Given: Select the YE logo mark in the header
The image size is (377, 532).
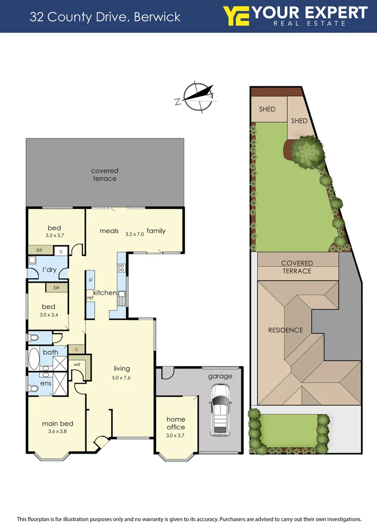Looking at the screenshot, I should pyautogui.click(x=236, y=16).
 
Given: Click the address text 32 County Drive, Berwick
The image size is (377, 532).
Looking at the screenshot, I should pyautogui.click(x=105, y=17).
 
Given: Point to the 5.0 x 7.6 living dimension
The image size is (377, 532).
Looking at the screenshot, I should pyautogui.click(x=122, y=378).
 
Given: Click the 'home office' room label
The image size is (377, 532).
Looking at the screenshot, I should pyautogui.click(x=176, y=423).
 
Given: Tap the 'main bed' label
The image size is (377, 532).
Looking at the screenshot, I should pyautogui.click(x=58, y=423).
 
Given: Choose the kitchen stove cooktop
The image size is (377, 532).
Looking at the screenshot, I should pyautogui.click(x=121, y=268).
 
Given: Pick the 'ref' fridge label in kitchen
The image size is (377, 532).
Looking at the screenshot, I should pyautogui.click(x=90, y=298).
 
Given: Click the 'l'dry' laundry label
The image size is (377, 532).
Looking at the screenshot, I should pyautogui.click(x=50, y=270).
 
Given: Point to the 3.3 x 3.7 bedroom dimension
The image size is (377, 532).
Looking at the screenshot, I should pyautogui.click(x=54, y=235).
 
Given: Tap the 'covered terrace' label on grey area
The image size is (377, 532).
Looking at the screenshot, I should pyautogui.click(x=105, y=174).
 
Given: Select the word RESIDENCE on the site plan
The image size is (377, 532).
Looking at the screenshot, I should pyautogui.click(x=286, y=330).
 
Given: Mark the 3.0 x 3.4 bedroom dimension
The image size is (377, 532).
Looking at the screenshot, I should pyautogui.click(x=48, y=314).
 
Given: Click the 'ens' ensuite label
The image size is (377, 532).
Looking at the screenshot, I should pyautogui.click(x=46, y=383).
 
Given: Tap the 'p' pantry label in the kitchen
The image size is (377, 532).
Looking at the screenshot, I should pyautogui.click(x=91, y=279).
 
